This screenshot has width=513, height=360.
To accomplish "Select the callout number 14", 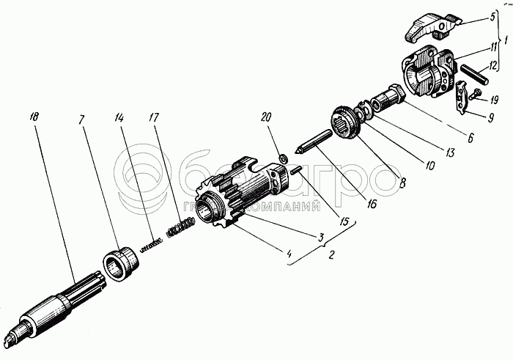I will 119,117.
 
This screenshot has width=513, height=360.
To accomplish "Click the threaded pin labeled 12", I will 476,75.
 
